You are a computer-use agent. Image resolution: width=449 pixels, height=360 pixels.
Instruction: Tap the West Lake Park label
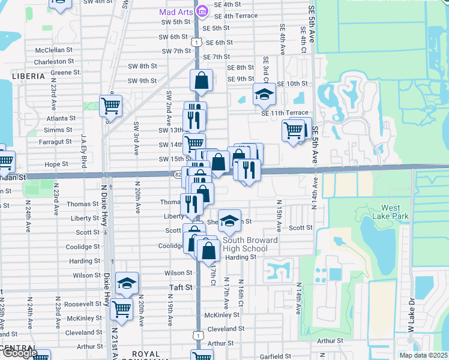tap(391, 212)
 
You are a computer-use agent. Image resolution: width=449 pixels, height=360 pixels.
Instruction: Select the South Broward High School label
tap(245, 245)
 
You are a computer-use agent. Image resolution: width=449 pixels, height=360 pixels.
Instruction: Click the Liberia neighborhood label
tap(28, 76)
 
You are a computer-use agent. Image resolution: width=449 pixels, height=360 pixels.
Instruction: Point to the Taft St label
tap(180, 287)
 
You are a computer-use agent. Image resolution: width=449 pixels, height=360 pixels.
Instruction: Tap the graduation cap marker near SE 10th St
tap(264, 94)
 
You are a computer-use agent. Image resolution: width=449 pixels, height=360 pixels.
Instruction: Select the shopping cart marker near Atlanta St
tap(110, 106)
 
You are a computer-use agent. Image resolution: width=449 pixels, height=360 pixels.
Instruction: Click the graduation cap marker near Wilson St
tap(127, 283)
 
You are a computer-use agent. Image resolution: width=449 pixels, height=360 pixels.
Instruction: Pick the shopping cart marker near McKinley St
tap(122, 310)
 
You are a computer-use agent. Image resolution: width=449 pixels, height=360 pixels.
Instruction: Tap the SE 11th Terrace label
tap(285, 113)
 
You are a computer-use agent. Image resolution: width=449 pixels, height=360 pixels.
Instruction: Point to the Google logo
tap(19, 353)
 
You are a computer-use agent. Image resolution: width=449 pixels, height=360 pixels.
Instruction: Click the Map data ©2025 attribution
tap(423, 355)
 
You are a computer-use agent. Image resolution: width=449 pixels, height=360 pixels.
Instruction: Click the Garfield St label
tap(276, 356)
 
